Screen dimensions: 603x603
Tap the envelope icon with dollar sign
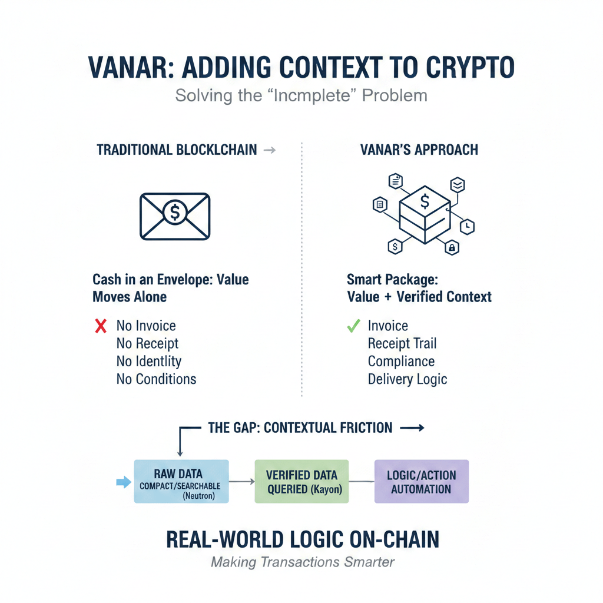point(175,216)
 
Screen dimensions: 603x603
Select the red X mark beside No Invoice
point(101,326)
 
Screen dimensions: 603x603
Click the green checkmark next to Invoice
point(353,325)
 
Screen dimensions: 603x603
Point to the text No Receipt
point(147,343)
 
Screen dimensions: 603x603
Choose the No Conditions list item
point(156,379)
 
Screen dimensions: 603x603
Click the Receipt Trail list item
point(402,343)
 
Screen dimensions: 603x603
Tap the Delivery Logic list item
point(407,379)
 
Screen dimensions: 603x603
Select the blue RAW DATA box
point(181,481)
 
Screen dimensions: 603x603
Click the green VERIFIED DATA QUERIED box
point(301,481)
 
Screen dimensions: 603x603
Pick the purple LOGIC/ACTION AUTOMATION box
point(421,481)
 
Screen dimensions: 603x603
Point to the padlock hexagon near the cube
point(452,248)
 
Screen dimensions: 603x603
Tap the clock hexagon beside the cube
point(467,227)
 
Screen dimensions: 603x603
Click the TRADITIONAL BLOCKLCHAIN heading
point(177,150)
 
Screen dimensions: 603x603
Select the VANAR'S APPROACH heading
point(419,150)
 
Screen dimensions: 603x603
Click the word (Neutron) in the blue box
point(198,496)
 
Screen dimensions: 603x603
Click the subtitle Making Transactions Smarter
point(302,562)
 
